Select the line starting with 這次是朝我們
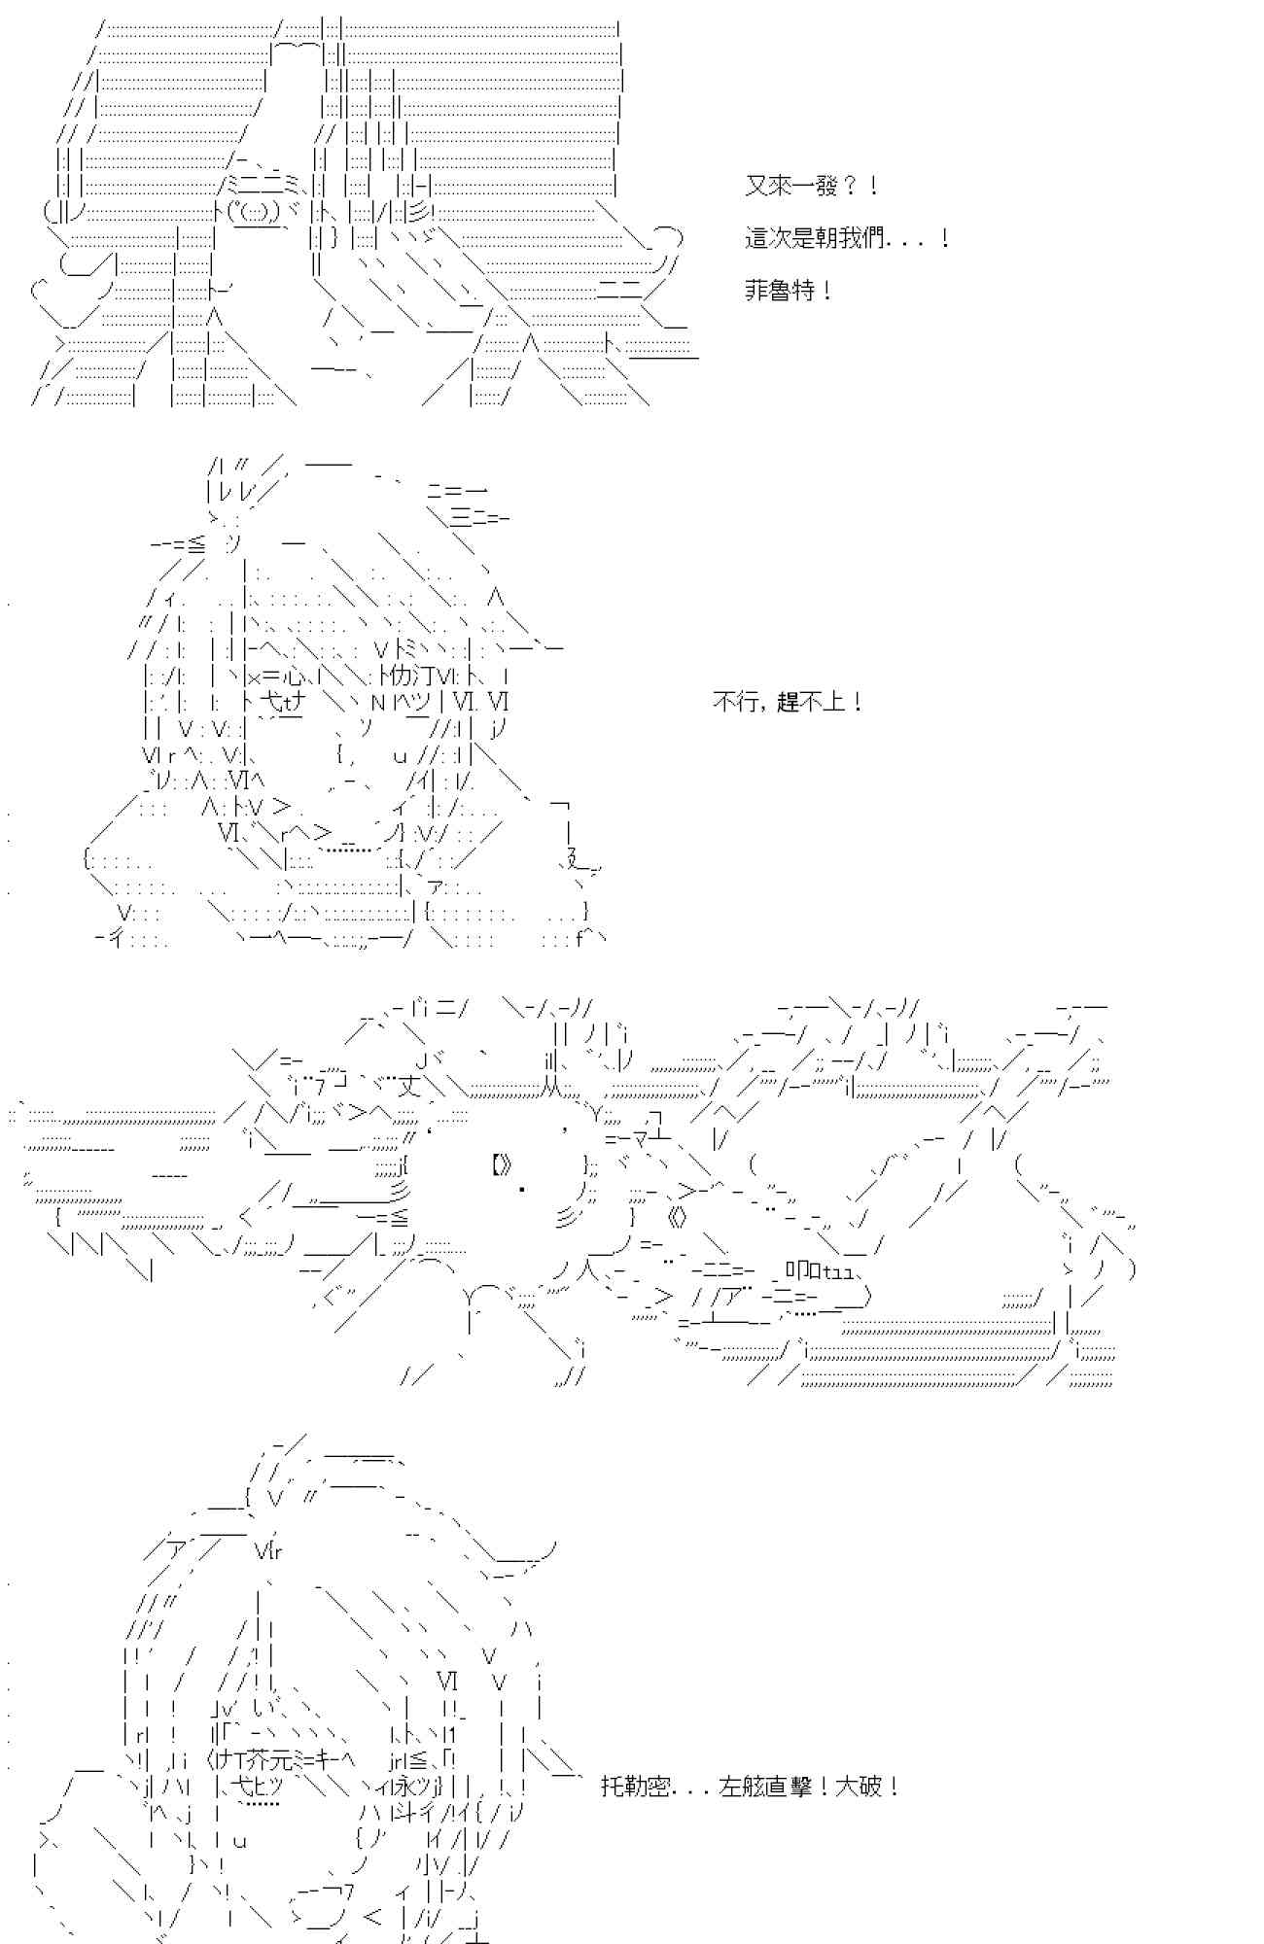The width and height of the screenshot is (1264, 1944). [847, 238]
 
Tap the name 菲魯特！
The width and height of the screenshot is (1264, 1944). [789, 291]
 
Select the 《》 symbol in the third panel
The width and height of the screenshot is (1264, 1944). [678, 1217]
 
